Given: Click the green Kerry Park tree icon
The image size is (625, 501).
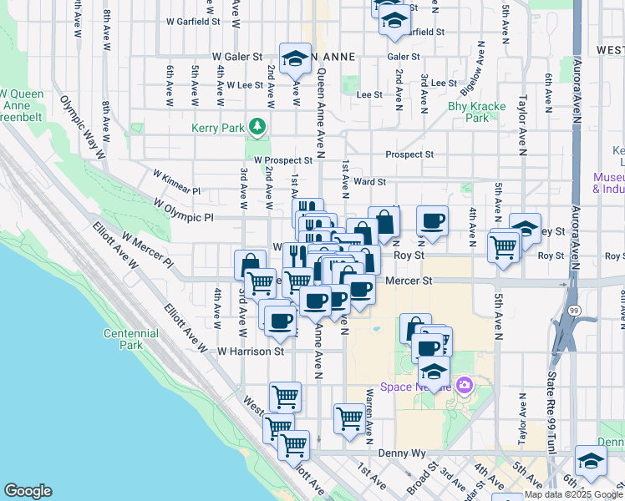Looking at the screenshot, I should [258, 126].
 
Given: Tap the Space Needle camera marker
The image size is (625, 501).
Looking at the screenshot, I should [465, 386].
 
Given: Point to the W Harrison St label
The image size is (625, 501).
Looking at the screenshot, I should [252, 352].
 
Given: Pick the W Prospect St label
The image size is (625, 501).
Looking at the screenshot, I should [283, 159].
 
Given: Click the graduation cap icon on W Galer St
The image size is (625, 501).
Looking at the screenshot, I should [294, 58].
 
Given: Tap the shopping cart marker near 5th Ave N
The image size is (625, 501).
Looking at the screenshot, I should [504, 246].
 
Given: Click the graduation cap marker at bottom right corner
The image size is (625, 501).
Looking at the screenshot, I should [591, 463].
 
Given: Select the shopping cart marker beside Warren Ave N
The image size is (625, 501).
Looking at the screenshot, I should [349, 419].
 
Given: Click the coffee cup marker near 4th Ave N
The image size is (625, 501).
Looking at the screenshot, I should [432, 221].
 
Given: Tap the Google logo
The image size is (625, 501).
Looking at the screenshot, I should [28, 491].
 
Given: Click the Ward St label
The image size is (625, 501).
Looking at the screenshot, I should [369, 181].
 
